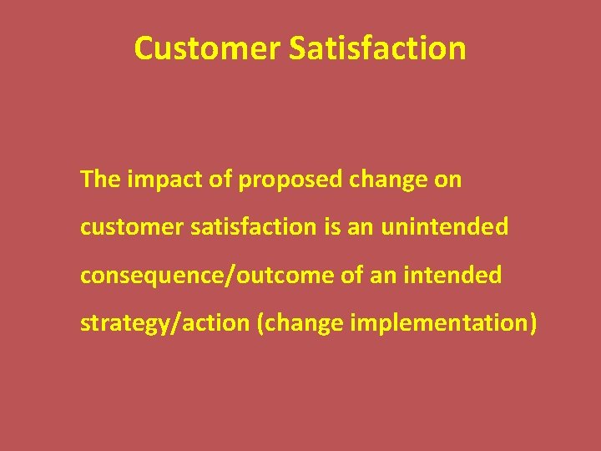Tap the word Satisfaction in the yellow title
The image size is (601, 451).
point(377,48)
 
